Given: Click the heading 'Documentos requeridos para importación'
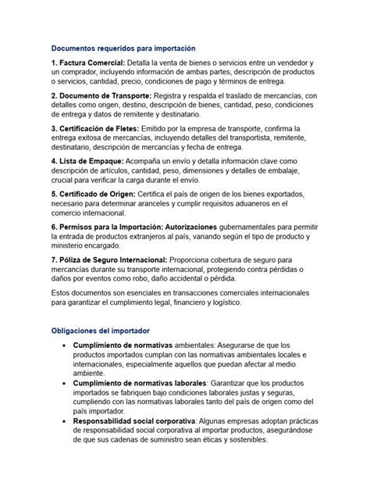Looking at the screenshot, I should point(122,48).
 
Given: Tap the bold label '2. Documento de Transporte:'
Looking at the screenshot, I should point(101,95).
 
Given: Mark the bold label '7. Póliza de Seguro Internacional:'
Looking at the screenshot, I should point(110,259).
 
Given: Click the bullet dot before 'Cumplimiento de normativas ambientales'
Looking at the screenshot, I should point(62,345).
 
